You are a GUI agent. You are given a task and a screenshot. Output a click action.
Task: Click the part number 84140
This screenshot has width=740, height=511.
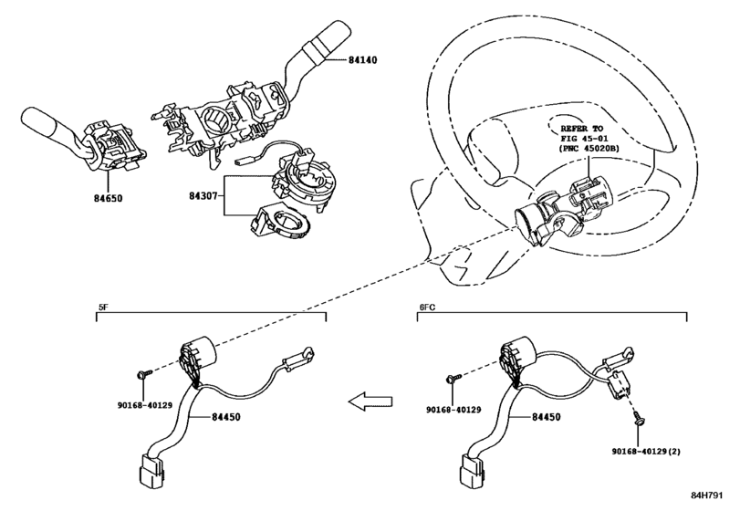[x=363, y=60]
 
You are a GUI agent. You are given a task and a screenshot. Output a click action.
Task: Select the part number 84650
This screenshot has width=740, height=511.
[x=108, y=198]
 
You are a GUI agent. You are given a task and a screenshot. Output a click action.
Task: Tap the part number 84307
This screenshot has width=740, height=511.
[x=203, y=195]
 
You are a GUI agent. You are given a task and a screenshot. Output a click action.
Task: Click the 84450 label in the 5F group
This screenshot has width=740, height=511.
[x=225, y=417]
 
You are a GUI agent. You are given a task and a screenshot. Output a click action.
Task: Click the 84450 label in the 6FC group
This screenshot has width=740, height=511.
[x=546, y=417]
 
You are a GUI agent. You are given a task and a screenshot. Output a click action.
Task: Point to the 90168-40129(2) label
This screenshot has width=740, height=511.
[x=647, y=452]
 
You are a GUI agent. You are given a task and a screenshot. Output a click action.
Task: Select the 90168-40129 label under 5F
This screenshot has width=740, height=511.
[x=145, y=405]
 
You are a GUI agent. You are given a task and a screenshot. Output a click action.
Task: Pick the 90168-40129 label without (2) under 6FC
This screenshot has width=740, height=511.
[x=453, y=410]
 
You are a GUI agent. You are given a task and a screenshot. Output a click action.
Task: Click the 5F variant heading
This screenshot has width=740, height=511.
[x=103, y=307]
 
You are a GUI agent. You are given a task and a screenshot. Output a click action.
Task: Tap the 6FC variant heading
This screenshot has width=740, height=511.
[x=427, y=307]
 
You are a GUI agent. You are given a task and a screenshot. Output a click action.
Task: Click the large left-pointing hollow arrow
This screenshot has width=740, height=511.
[x=370, y=401]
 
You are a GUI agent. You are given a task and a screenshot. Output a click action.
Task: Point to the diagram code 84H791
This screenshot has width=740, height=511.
[x=707, y=495]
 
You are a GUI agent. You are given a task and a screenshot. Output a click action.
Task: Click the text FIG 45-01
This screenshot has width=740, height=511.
[x=584, y=139]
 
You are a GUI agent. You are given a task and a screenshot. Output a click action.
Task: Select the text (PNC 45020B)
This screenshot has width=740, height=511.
[x=589, y=148]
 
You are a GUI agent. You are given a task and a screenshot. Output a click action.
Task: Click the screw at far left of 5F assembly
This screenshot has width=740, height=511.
[x=144, y=374]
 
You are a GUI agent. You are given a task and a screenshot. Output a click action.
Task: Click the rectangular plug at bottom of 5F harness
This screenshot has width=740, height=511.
[x=152, y=469]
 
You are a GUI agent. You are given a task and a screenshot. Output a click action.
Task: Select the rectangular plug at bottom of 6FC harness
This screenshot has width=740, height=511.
[x=473, y=469]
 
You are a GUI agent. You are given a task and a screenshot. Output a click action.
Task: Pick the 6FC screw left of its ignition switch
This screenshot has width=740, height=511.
[x=453, y=378]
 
